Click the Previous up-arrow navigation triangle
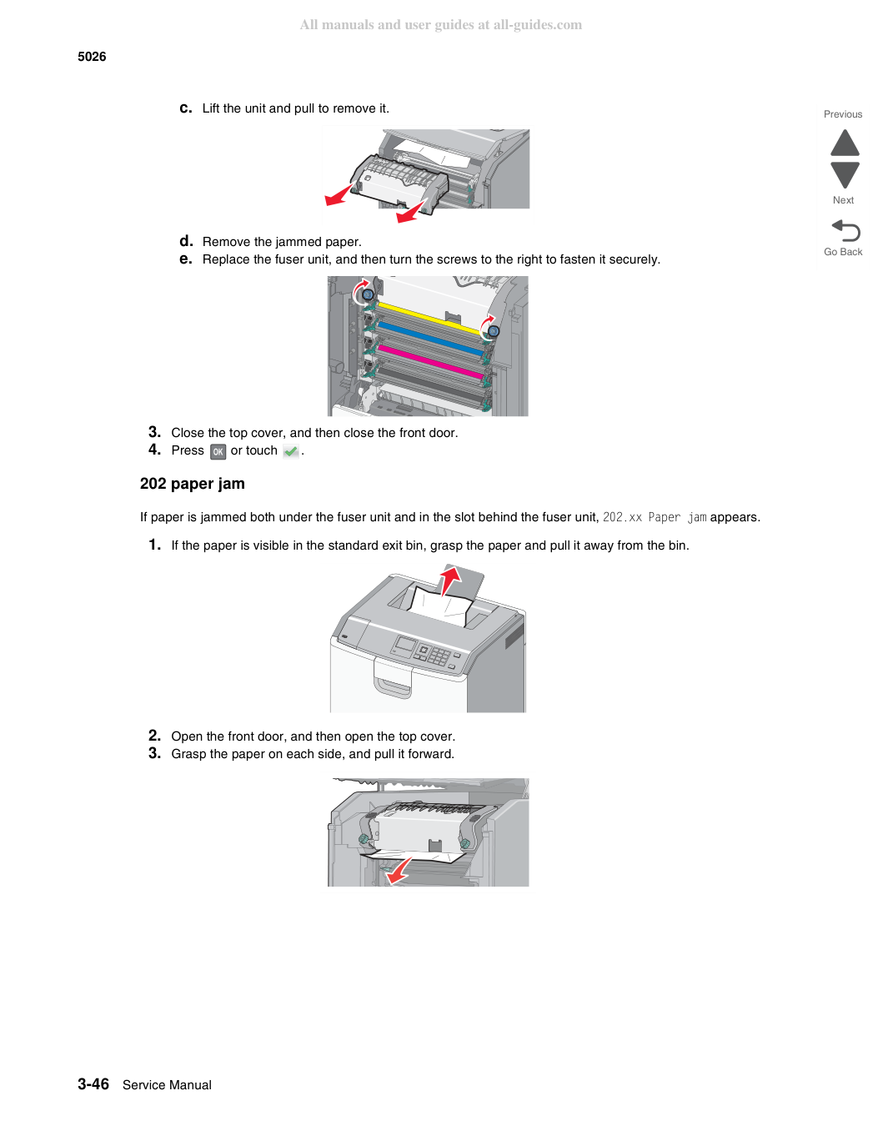pyautogui.click(x=845, y=143)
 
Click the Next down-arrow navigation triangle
pyautogui.click(x=845, y=175)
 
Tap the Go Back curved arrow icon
pyautogui.click(x=845, y=230)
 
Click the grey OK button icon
pyautogui.click(x=218, y=451)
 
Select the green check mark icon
pyautogui.click(x=290, y=451)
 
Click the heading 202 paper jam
pyautogui.click(x=193, y=484)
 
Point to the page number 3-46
pyautogui.click(x=93, y=1083)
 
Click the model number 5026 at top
pyautogui.click(x=92, y=57)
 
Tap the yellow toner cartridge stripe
pyautogui.click(x=429, y=318)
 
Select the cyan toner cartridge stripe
pyautogui.click(x=429, y=338)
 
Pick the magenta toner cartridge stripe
pyautogui.click(x=430, y=362)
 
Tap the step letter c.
pyautogui.click(x=186, y=108)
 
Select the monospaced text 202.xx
pyautogui.click(x=622, y=517)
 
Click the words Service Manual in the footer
pyautogui.click(x=167, y=1085)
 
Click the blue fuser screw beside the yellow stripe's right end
pyautogui.click(x=493, y=331)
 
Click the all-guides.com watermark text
pyautogui.click(x=441, y=25)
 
